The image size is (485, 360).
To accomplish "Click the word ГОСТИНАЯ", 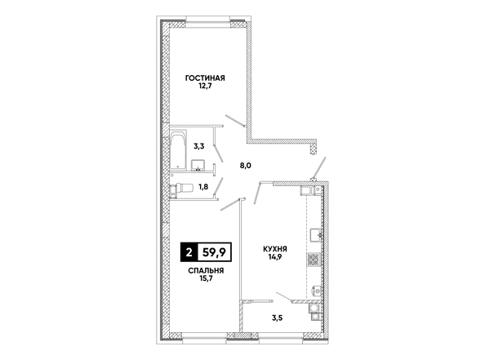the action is pyautogui.click(x=205, y=78).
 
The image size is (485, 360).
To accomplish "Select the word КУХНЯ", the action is pyautogui.click(x=275, y=249).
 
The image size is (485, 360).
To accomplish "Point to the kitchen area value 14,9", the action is pyautogui.click(x=274, y=256).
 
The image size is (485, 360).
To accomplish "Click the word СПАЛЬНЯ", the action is pyautogui.click(x=206, y=271).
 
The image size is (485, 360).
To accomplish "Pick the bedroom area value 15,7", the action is pyautogui.click(x=207, y=278).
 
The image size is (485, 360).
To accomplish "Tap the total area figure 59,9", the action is pyautogui.click(x=214, y=253).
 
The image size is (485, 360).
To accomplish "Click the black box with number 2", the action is pyautogui.click(x=189, y=252).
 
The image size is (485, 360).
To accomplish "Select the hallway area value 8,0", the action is pyautogui.click(x=246, y=166).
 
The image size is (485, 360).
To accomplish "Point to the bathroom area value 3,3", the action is pyautogui.click(x=199, y=146).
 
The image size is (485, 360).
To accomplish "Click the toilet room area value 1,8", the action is pyautogui.click(x=203, y=187).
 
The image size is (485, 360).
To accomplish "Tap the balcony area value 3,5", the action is pyautogui.click(x=277, y=318).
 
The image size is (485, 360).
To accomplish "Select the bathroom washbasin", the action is pyautogui.click(x=198, y=165).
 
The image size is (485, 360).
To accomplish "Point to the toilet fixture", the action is pyautogui.click(x=181, y=188).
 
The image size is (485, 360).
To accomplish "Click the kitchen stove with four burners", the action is pyautogui.click(x=314, y=259).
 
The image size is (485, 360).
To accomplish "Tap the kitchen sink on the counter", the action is pyautogui.click(x=316, y=235).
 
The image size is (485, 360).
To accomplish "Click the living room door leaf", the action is pyautogui.click(x=235, y=121).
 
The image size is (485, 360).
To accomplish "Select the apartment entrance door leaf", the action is pyautogui.click(x=319, y=168).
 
